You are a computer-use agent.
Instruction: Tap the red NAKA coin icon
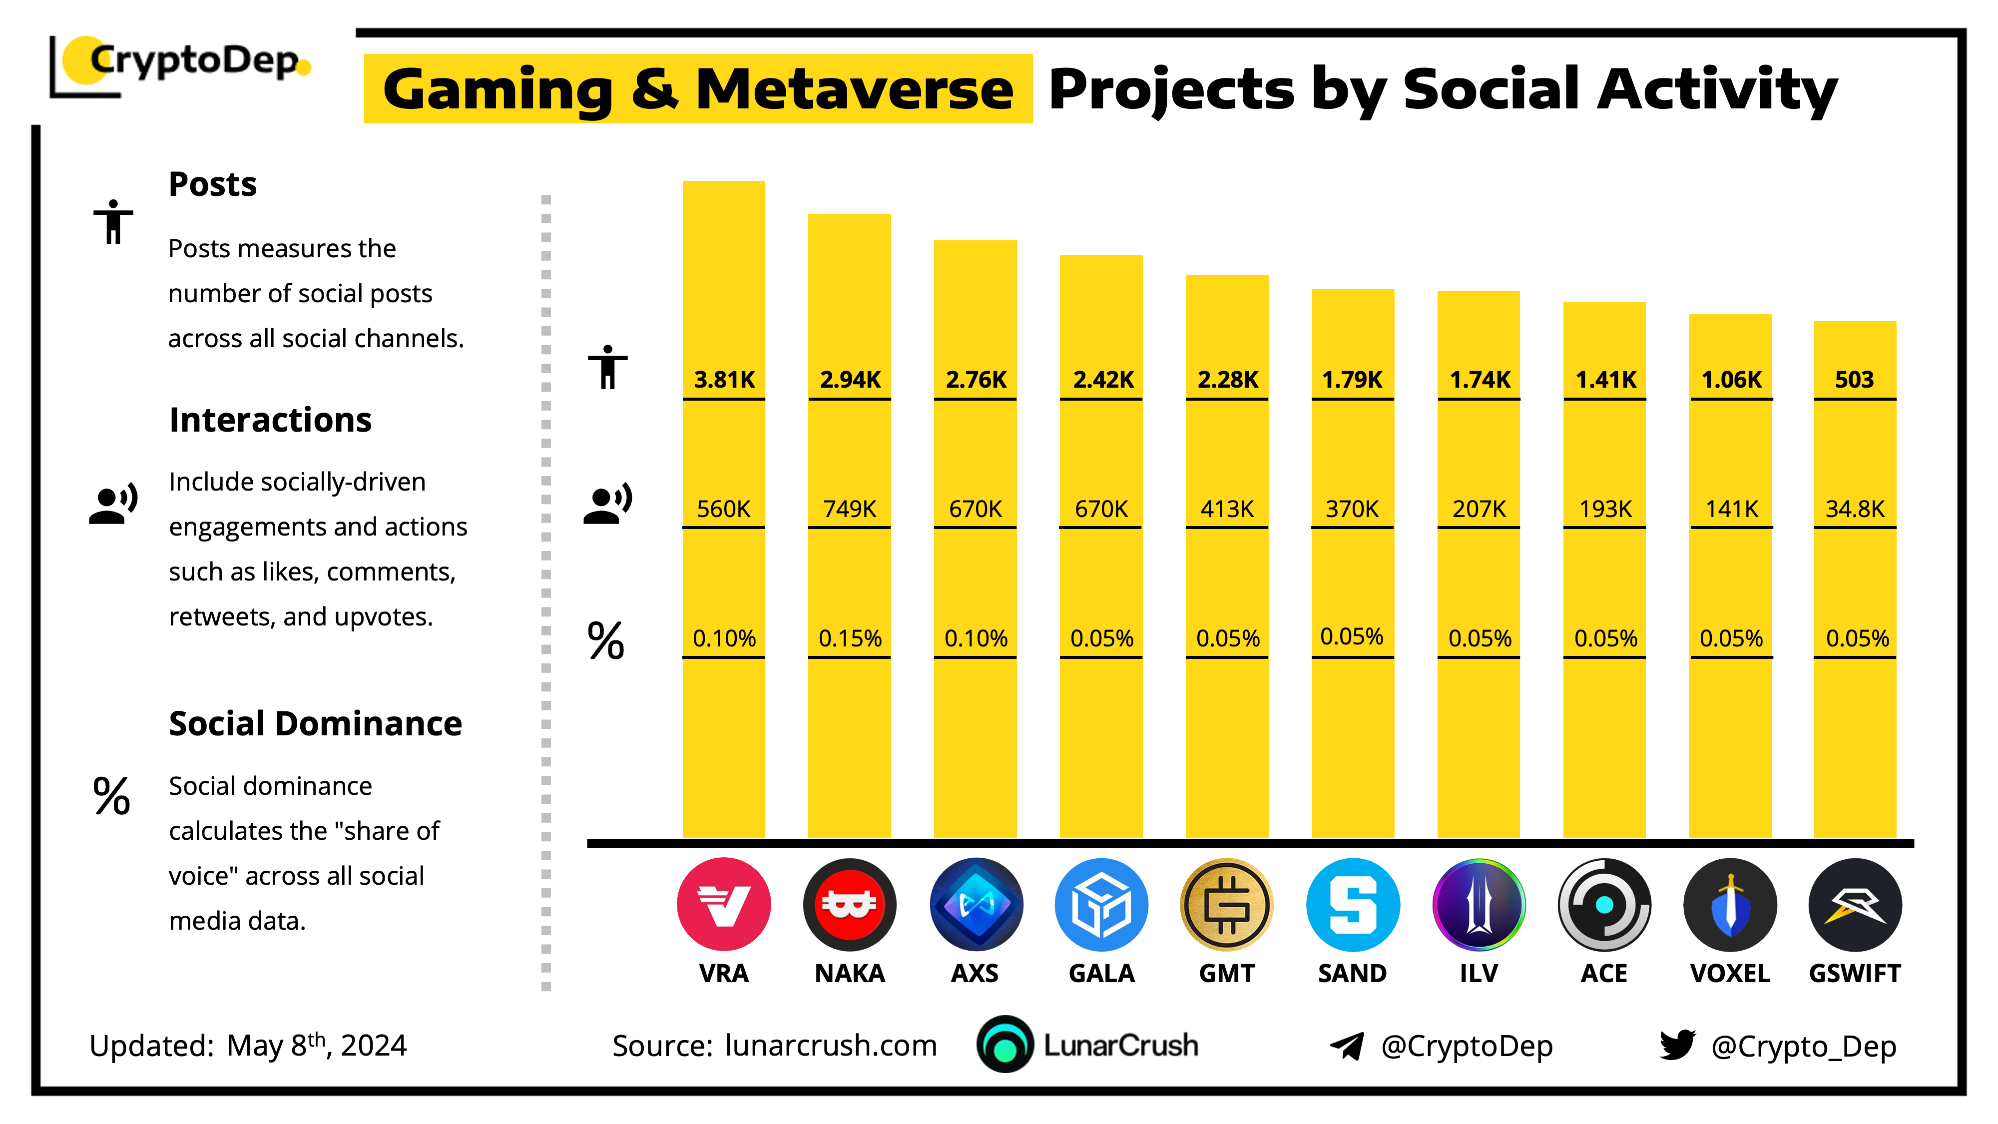tap(849, 905)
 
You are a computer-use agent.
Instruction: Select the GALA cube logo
tap(1101, 905)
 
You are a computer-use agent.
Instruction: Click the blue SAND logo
tap(1353, 905)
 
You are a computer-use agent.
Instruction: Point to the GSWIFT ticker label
tap(1855, 974)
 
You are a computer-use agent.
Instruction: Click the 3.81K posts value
tap(724, 380)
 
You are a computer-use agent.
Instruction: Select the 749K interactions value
tap(849, 509)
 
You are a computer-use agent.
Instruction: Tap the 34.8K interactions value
tap(1855, 509)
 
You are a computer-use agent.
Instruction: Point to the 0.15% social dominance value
tap(849, 638)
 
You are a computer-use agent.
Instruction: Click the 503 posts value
tap(1855, 380)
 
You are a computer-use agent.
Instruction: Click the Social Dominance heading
tap(315, 724)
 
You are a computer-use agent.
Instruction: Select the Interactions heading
tap(270, 420)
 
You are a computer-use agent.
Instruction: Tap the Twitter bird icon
tap(1677, 1045)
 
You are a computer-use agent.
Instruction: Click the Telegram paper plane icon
tap(1347, 1046)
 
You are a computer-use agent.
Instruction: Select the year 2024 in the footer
tap(373, 1046)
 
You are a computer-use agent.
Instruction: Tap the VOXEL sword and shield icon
tap(1730, 905)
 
